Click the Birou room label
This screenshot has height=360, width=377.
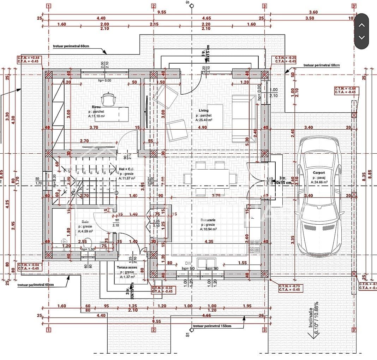pyautogui.click(x=96, y=107)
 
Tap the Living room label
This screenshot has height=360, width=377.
pyautogui.click(x=204, y=111)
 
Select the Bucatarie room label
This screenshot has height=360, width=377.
pyautogui.click(x=208, y=220)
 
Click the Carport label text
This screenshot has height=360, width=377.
pyautogui.click(x=319, y=173)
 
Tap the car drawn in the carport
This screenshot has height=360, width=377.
pyautogui.click(x=319, y=198)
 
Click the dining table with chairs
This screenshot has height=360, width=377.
pyautogui.click(x=210, y=178)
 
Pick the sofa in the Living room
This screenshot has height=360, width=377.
pyautogui.click(x=244, y=118)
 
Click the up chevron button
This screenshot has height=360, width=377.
pyautogui.click(x=361, y=25)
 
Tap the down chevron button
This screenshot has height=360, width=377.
pyautogui.click(x=361, y=37)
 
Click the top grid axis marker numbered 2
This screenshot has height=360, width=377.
pyautogui.click(x=154, y=6)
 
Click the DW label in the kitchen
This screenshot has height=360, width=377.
pyautogui.click(x=188, y=263)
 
